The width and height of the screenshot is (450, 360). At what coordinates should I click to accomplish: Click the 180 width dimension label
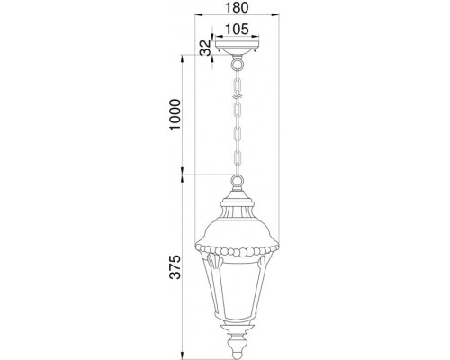(237, 7)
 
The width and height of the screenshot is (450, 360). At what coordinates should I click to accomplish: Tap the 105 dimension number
(237, 29)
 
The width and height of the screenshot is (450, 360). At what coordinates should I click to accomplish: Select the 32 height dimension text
(205, 48)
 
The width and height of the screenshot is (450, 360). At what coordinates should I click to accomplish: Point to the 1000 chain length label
(175, 114)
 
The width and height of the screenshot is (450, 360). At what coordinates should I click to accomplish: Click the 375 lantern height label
(175, 267)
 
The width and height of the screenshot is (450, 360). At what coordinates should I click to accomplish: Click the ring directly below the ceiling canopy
(238, 64)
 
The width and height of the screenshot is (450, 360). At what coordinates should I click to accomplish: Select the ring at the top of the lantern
(237, 181)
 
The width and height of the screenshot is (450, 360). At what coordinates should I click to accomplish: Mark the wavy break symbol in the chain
(238, 97)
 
